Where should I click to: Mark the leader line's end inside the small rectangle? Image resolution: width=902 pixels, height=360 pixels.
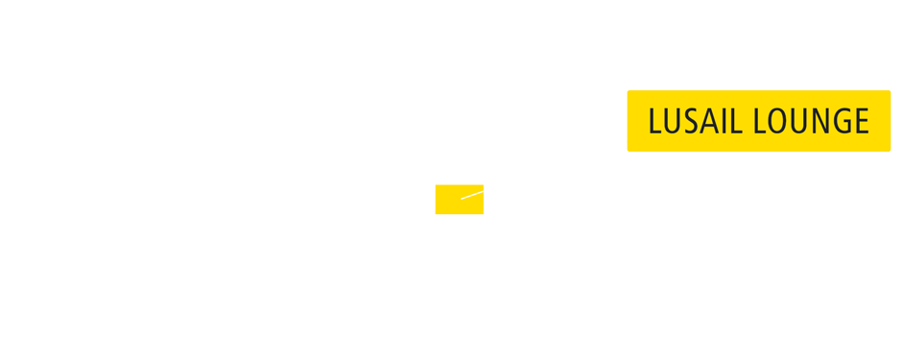click(x=462, y=199)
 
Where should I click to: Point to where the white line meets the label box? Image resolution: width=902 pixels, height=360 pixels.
click(x=627, y=142)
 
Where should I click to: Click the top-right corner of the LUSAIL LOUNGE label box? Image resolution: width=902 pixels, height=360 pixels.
click(x=890, y=91)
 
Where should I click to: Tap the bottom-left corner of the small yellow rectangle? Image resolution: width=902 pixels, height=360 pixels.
click(x=436, y=213)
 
